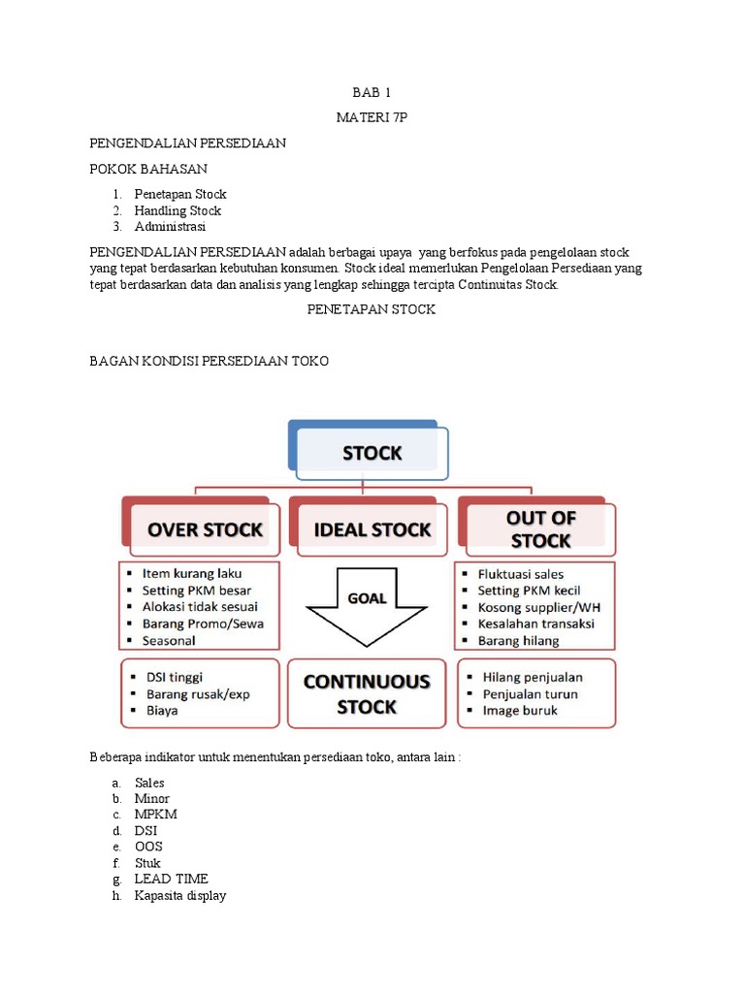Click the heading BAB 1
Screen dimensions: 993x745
pos(372,93)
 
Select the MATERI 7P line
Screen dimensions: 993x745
pos(372,117)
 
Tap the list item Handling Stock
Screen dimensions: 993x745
pos(178,210)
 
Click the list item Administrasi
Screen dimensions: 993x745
pos(171,226)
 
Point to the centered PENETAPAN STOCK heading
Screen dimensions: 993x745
pos(372,309)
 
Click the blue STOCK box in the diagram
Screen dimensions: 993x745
pos(372,453)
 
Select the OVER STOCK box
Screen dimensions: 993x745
pos(204,529)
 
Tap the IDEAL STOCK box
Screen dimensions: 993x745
pos(372,529)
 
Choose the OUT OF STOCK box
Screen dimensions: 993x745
pos(539,529)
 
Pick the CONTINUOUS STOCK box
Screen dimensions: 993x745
pos(367,693)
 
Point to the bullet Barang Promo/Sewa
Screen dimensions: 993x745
pos(203,624)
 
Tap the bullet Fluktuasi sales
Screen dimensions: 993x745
pos(520,574)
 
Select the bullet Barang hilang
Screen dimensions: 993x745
pos(518,640)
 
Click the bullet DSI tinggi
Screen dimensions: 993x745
pos(175,677)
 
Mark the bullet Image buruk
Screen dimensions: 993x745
pos(520,710)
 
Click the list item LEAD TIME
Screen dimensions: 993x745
pos(171,879)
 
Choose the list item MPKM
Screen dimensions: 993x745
pos(156,815)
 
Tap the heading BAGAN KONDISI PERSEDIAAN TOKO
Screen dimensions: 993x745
pos(210,361)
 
